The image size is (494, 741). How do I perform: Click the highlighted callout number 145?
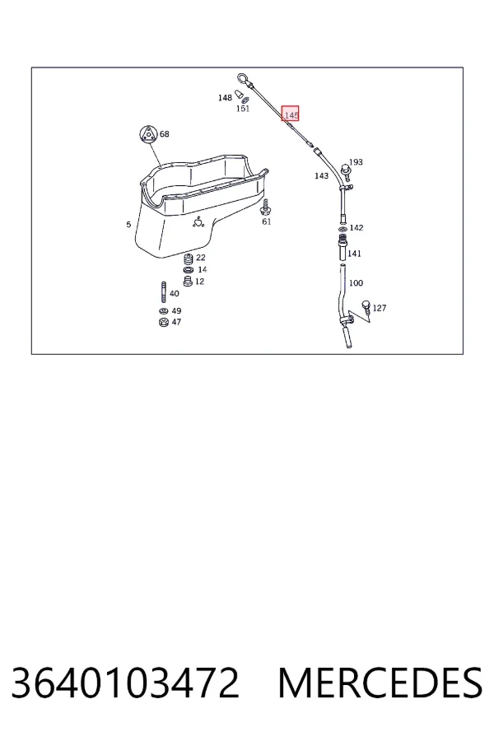pos(291,114)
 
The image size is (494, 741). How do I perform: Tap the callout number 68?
pos(164,133)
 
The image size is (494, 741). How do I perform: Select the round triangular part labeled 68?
pos(148,134)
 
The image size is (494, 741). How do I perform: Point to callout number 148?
pos(225,97)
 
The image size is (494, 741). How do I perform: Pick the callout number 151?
pos(243,108)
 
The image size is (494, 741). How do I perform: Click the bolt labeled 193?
pos(346,172)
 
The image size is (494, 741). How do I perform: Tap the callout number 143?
pos(321,175)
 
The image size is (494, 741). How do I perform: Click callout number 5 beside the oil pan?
pos(128,224)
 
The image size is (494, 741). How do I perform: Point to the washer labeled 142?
pos(343,228)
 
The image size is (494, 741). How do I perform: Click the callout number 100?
pos(356,282)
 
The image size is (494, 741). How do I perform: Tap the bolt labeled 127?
pos(366,308)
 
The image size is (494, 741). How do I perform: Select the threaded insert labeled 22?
pos(189,259)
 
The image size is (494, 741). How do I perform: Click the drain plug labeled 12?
pos(188,282)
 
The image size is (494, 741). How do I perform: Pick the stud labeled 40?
pos(164,292)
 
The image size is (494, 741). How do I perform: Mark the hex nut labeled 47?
pos(164,322)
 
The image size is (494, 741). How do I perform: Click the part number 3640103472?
pos(125,683)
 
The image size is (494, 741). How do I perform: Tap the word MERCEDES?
pos(380,683)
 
